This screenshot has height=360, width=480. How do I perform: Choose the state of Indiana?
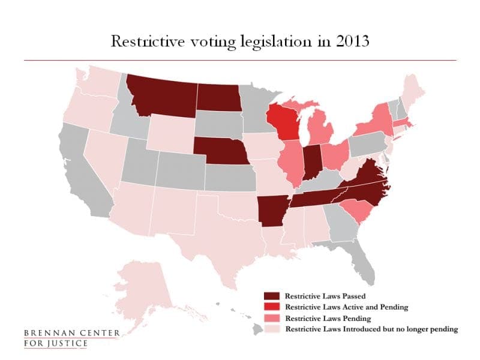pyautogui.click(x=311, y=160)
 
